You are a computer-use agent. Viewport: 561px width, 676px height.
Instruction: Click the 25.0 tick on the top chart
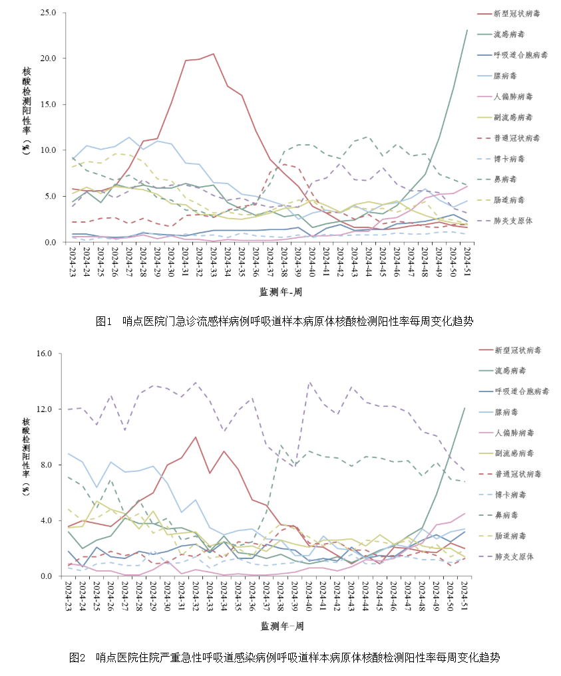[48, 12]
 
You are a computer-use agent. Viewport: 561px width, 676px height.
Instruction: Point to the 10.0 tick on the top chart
[48, 150]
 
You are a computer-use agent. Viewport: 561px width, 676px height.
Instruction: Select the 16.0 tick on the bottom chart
[48, 353]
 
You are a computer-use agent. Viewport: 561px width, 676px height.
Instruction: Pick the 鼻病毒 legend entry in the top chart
[508, 179]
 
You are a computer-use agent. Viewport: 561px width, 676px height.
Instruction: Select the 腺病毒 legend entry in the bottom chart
[508, 412]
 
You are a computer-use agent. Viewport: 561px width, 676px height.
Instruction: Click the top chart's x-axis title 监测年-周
[282, 291]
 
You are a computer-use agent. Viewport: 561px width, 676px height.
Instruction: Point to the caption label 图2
[78, 657]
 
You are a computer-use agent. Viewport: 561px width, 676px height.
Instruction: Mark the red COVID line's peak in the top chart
[213, 54]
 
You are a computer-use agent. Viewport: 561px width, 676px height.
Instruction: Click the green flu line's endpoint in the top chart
[467, 30]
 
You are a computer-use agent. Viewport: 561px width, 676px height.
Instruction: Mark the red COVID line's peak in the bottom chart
[195, 437]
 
